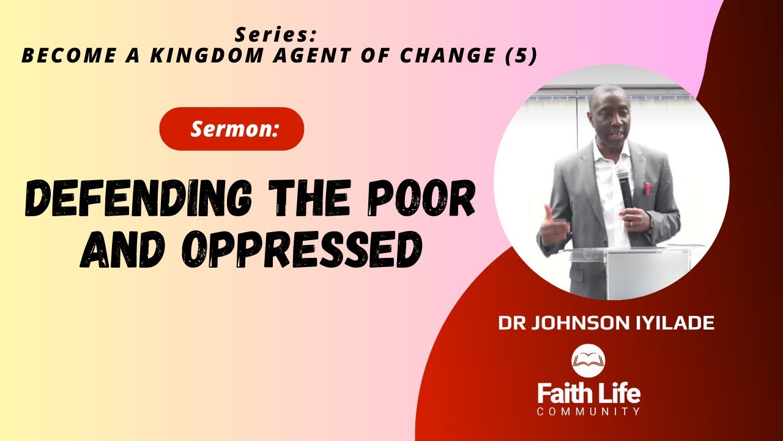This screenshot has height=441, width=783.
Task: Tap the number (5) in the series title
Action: coord(522,56)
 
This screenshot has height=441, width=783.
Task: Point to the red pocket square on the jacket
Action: coord(647,187)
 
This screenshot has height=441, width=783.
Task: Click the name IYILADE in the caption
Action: coord(678,323)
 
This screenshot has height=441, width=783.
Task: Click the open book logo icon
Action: coord(588,361)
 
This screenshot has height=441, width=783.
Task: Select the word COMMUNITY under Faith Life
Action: coord(588,412)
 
